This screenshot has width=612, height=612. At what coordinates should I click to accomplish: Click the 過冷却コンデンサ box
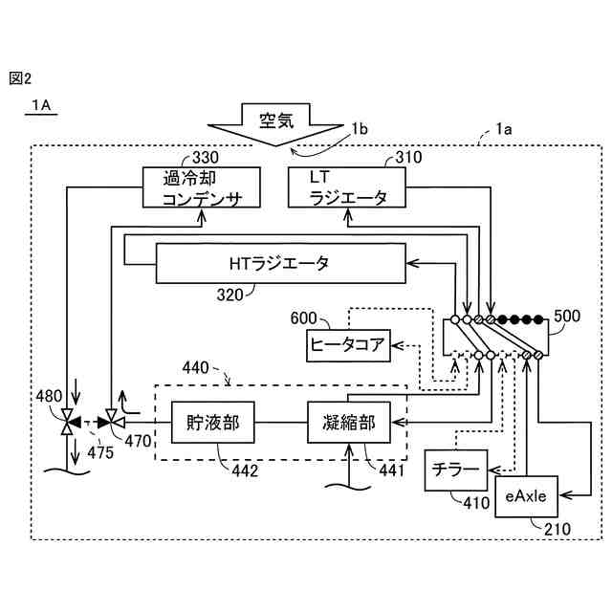pyautogui.click(x=201, y=187)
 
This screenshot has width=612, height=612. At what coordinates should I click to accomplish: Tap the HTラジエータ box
pyautogui.click(x=279, y=262)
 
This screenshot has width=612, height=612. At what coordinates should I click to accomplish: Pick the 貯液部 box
pyautogui.click(x=213, y=422)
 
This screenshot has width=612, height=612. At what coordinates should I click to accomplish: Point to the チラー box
pyautogui.click(x=455, y=470)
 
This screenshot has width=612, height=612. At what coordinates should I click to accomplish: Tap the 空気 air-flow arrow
pyautogui.click(x=279, y=123)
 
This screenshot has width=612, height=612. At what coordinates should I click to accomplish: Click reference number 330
pyautogui.click(x=205, y=157)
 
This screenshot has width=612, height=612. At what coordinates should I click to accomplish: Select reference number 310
pyautogui.click(x=408, y=157)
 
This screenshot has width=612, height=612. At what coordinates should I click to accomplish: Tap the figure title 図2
pyautogui.click(x=20, y=78)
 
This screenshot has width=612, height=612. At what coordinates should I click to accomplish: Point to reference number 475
pyautogui.click(x=98, y=451)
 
